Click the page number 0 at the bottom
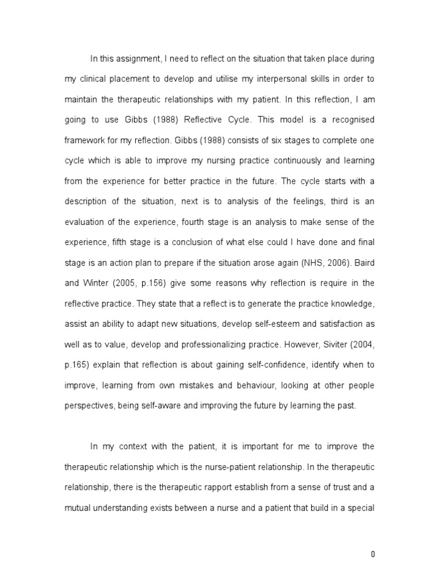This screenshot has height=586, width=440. point(373,554)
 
